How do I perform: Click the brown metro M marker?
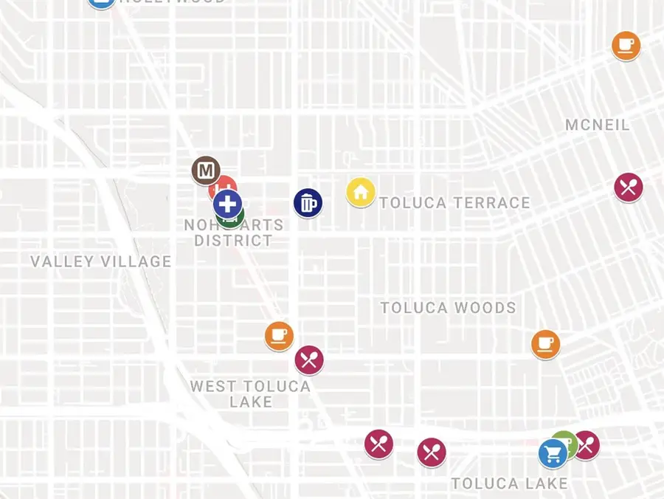[205, 171]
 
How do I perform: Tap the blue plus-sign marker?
[228, 203]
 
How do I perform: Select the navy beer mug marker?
[308, 203]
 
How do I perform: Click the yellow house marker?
[361, 192]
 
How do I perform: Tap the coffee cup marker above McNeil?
[626, 46]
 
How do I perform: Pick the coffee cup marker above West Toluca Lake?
[279, 336]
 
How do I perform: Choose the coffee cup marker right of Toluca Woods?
[545, 344]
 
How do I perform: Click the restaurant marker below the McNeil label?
[629, 187]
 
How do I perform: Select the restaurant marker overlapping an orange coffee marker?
[309, 360]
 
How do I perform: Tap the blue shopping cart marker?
[552, 453]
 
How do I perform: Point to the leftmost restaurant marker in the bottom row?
[378, 444]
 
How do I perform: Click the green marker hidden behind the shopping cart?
[566, 441]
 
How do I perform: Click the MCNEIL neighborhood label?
[598, 125]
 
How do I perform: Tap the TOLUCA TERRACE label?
[454, 203]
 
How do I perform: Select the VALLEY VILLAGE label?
[101, 261]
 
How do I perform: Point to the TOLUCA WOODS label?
[448, 308]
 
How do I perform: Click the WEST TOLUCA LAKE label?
[250, 394]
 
